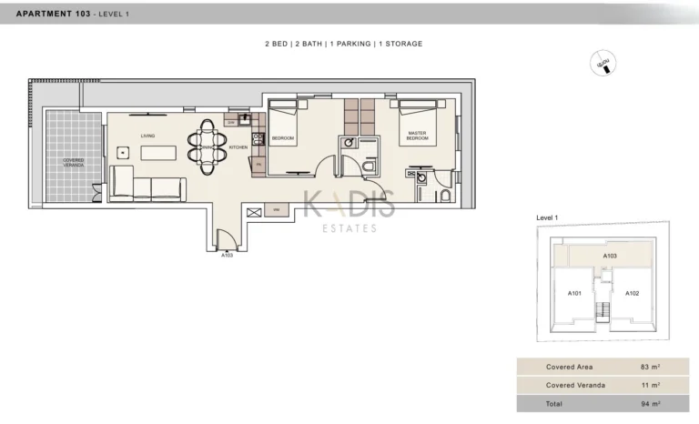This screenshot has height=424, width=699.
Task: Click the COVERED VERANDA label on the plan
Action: (73, 162)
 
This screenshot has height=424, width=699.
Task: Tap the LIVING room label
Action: (147, 136)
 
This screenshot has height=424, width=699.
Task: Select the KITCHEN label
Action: (238, 147)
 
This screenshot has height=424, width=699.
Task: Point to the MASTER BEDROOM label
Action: (417, 136)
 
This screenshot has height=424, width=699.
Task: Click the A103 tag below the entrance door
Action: (228, 256)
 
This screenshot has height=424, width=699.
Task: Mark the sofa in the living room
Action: (147, 187)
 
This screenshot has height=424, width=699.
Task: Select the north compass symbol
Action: (602, 63)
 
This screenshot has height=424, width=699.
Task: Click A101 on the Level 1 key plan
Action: (575, 293)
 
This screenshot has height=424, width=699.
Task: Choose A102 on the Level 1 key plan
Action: (633, 293)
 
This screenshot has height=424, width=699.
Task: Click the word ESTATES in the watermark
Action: (349, 228)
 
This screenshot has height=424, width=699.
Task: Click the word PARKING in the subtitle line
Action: (349, 44)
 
